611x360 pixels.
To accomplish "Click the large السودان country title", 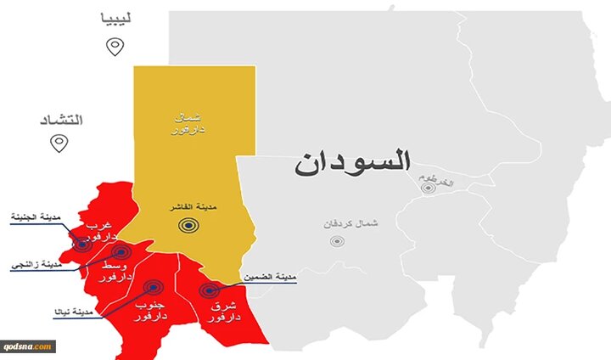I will (x=353, y=161).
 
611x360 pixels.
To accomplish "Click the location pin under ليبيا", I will (x=115, y=46).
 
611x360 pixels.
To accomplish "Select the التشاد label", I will (x=61, y=118).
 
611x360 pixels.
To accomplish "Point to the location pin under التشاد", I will (x=59, y=143).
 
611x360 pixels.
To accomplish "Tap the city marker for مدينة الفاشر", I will (x=188, y=226).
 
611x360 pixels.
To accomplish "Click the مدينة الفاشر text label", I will (x=190, y=206).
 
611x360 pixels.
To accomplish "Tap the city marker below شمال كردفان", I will (x=338, y=240).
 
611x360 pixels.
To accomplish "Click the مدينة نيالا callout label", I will (x=73, y=312).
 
